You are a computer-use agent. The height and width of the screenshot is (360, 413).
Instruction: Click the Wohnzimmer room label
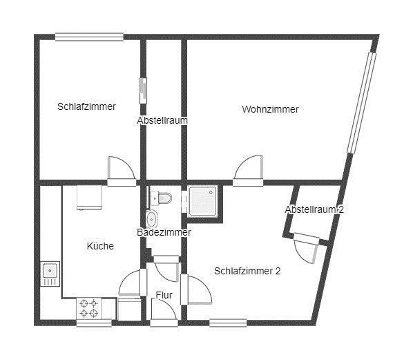pos(270,109)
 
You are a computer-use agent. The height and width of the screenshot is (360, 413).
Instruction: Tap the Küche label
pos(100,246)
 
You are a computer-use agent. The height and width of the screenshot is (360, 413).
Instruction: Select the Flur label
pos(164,295)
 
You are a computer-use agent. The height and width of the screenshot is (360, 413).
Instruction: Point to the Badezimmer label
pos(163,233)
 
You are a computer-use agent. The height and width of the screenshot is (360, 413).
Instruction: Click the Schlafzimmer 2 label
pos(247,271)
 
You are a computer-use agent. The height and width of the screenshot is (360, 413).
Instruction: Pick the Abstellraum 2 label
pos(314,209)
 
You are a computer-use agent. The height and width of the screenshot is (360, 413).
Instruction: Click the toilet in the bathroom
pos(162,199)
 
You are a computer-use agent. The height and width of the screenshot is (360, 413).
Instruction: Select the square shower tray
pos(204,200)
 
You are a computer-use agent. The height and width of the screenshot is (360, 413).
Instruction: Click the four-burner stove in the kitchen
pos(88,308)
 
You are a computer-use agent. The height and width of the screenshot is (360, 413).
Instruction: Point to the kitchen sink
pos(50,273)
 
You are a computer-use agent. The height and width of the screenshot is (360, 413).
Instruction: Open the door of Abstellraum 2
pos(307,248)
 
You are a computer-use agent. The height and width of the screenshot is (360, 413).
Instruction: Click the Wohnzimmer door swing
pos(248,170)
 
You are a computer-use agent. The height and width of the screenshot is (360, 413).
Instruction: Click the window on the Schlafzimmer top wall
pos(89,37)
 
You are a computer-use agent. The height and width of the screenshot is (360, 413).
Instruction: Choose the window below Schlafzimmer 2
pos(228,322)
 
